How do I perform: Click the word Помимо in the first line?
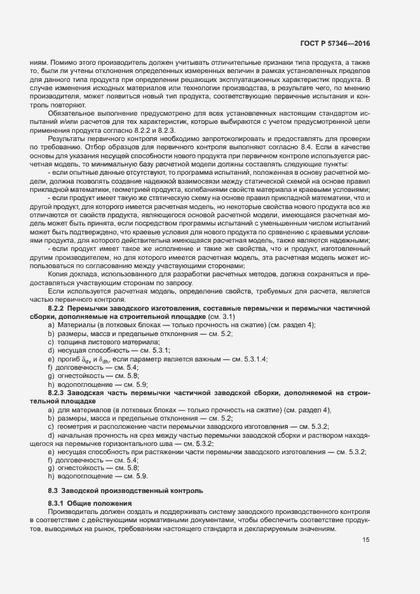54,64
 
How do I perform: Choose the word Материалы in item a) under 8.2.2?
73,325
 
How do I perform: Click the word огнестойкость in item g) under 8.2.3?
79,467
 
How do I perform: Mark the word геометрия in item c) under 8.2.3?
74,426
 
